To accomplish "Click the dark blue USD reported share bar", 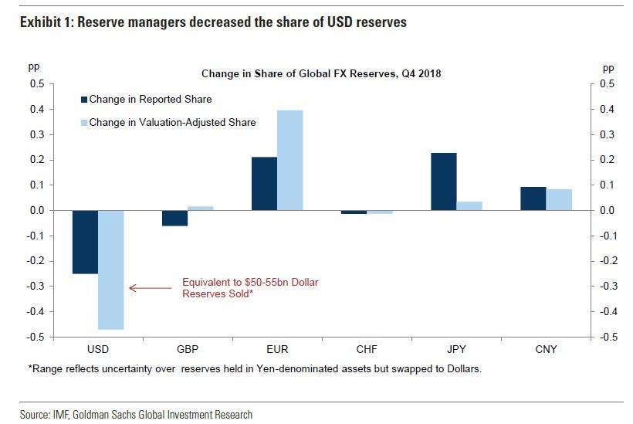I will pyautogui.click(x=85, y=242).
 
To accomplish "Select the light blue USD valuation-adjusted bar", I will pyautogui.click(x=111, y=270).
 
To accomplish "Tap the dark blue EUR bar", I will pyautogui.click(x=264, y=184).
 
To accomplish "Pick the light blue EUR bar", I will pyautogui.click(x=290, y=160).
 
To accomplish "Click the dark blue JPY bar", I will pyautogui.click(x=444, y=181).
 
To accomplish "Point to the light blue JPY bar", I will pyautogui.click(x=469, y=206).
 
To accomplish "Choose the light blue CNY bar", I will pyautogui.click(x=560, y=200).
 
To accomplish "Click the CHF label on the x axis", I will pyautogui.click(x=367, y=349).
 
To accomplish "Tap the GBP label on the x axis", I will pyautogui.click(x=188, y=349).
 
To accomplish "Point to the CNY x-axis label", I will pyautogui.click(x=547, y=349).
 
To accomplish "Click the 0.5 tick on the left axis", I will pyautogui.click(x=37, y=84).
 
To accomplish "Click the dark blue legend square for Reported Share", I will pyautogui.click(x=83, y=100).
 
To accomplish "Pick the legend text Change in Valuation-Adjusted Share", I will pyautogui.click(x=172, y=122).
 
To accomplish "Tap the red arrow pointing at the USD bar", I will pyautogui.click(x=151, y=288).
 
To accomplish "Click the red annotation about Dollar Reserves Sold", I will pyautogui.click(x=249, y=288).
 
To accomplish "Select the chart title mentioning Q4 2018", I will pyautogui.click(x=320, y=74).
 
